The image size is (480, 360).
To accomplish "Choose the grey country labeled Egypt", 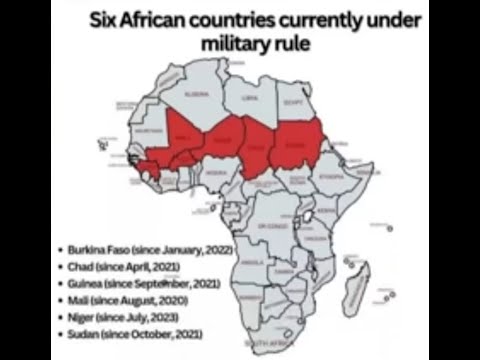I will [294, 100].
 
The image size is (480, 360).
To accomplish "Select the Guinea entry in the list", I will [136, 279].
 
